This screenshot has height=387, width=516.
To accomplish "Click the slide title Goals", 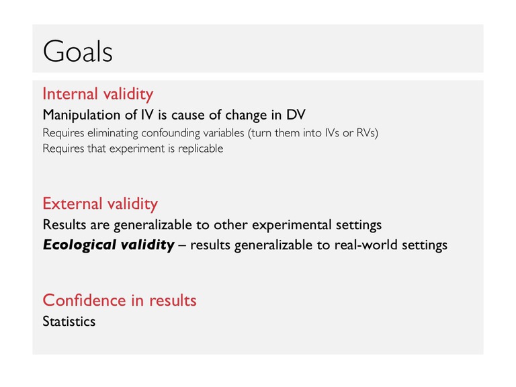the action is (x=78, y=51).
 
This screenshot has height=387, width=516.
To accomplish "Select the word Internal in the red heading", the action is (x=70, y=94).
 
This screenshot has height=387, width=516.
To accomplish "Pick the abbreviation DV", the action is (x=296, y=114).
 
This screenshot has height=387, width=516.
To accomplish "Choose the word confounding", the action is (x=170, y=133).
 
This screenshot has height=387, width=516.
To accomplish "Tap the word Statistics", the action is (x=69, y=322).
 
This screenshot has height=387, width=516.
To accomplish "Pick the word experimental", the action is (x=292, y=225).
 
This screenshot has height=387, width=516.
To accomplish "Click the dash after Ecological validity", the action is (x=182, y=245).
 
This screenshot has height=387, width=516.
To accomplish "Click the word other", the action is (x=230, y=225).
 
